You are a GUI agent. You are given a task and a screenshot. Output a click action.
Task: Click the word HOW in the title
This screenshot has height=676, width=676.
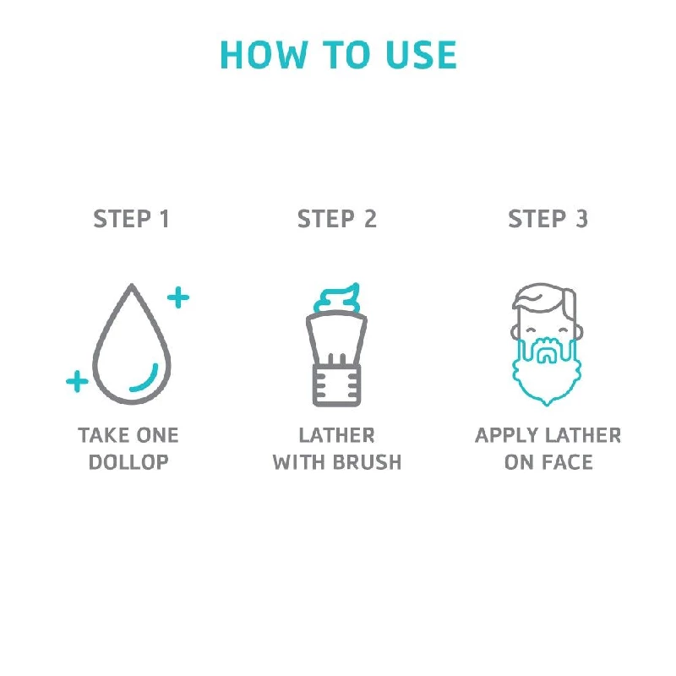264,54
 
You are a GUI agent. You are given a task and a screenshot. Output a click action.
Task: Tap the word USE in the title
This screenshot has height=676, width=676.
421,54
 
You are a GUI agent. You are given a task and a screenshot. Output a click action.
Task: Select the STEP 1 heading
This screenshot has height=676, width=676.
131,219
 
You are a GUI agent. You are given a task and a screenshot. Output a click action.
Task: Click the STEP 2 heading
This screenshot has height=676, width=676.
337,219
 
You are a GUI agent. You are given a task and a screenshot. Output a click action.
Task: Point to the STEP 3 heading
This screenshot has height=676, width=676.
548,219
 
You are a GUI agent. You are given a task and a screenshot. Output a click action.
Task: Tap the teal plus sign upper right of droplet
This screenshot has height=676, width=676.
178,297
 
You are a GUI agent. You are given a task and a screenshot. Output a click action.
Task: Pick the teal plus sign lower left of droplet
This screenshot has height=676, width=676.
77,381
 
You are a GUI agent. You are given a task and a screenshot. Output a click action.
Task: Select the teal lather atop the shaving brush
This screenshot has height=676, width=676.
336,297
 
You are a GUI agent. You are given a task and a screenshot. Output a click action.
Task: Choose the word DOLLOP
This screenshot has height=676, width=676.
128,462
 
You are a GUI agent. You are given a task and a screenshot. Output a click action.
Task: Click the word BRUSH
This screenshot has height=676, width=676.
367,462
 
